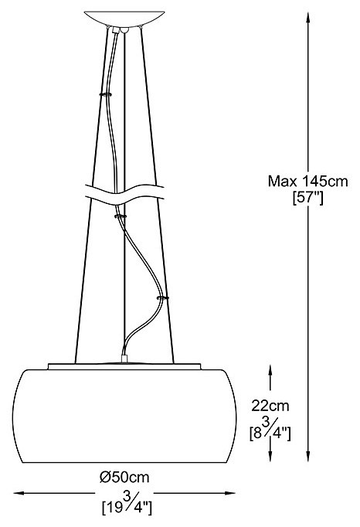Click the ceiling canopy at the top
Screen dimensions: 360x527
pos(124,19)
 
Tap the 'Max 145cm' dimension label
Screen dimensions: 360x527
pos(307,182)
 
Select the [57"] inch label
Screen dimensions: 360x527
pos(308,198)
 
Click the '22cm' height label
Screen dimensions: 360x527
pos(270,406)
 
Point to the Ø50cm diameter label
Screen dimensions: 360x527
pos(124,477)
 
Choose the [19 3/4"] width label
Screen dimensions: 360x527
pos(127,504)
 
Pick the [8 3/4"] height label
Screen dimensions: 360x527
pos(270,429)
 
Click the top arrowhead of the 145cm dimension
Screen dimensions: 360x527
pos(307,17)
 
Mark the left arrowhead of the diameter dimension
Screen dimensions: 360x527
pos(19,493)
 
